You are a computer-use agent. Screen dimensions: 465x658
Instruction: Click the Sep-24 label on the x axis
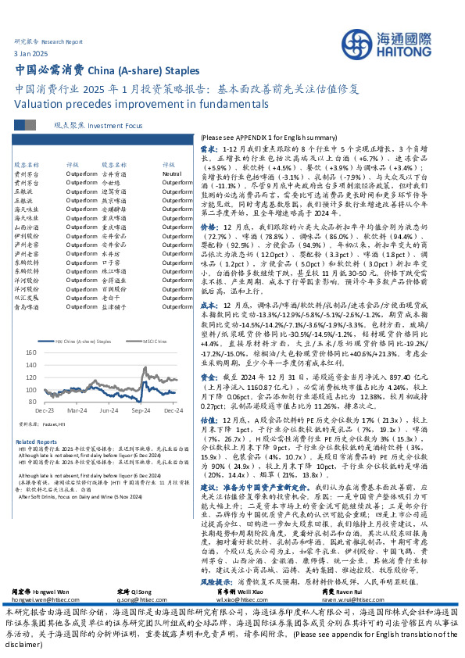[141, 409]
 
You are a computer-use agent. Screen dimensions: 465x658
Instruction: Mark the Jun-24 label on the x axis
[107, 409]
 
